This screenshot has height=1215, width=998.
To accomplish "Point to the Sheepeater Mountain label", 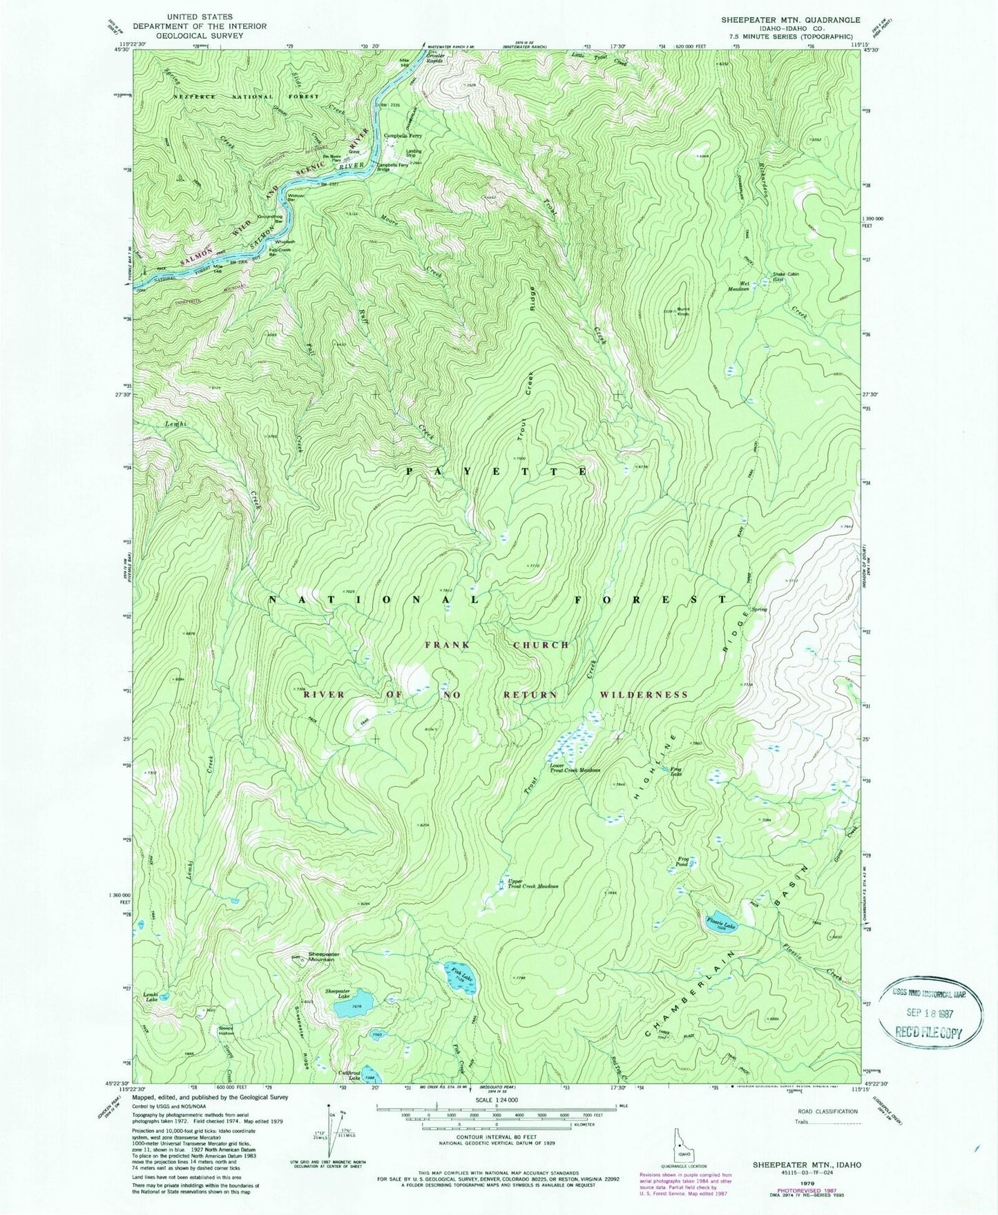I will click(x=321, y=956).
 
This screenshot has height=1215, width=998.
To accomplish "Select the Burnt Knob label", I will click(x=683, y=311).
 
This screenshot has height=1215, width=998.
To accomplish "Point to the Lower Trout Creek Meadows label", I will click(x=575, y=768).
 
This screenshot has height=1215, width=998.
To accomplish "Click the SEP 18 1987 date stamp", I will click(x=931, y=1011).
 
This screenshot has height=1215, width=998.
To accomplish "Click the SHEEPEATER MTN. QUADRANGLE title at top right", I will click(x=790, y=20).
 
